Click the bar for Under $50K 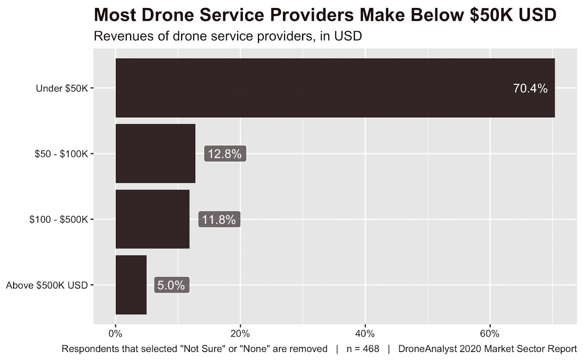pyautogui.click(x=335, y=88)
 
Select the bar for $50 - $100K pyautogui.click(x=156, y=153)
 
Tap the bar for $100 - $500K pyautogui.click(x=153, y=219)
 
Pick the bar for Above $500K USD pyautogui.click(x=131, y=285)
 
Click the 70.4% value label pyautogui.click(x=530, y=89)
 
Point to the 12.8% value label pyautogui.click(x=225, y=154)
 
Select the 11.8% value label pyautogui.click(x=219, y=219)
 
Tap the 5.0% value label pyautogui.click(x=171, y=285)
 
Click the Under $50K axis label pyautogui.click(x=62, y=89)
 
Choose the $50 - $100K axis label pyautogui.click(x=61, y=154)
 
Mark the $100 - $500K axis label pyautogui.click(x=59, y=220)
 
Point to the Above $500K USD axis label pyautogui.click(x=47, y=285)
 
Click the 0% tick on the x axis pyautogui.click(x=116, y=334)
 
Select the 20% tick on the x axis pyautogui.click(x=240, y=334)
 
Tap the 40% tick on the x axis pyautogui.click(x=365, y=334)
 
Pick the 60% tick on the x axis pyautogui.click(x=490, y=334)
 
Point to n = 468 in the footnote pyautogui.click(x=363, y=349)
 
